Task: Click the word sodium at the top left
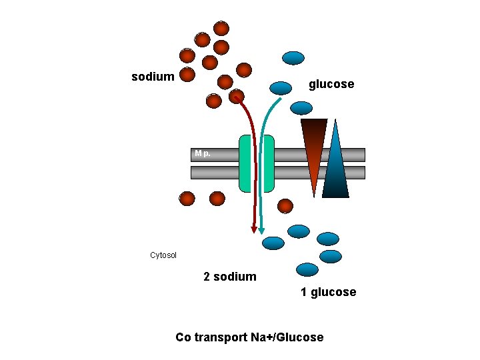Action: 153,77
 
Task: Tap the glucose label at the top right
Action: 331,84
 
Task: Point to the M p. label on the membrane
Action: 203,154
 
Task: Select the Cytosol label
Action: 163,255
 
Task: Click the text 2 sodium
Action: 229,277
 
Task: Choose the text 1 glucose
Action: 328,292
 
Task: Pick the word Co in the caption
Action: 183,337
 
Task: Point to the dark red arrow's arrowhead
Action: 253,229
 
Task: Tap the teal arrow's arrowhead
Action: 262,230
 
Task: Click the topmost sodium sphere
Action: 221,28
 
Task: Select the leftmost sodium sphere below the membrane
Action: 187,199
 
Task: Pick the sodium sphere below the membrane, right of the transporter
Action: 285,205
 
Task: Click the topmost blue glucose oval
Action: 293,58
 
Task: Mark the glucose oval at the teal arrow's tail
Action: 281,87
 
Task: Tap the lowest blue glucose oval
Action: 307,269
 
